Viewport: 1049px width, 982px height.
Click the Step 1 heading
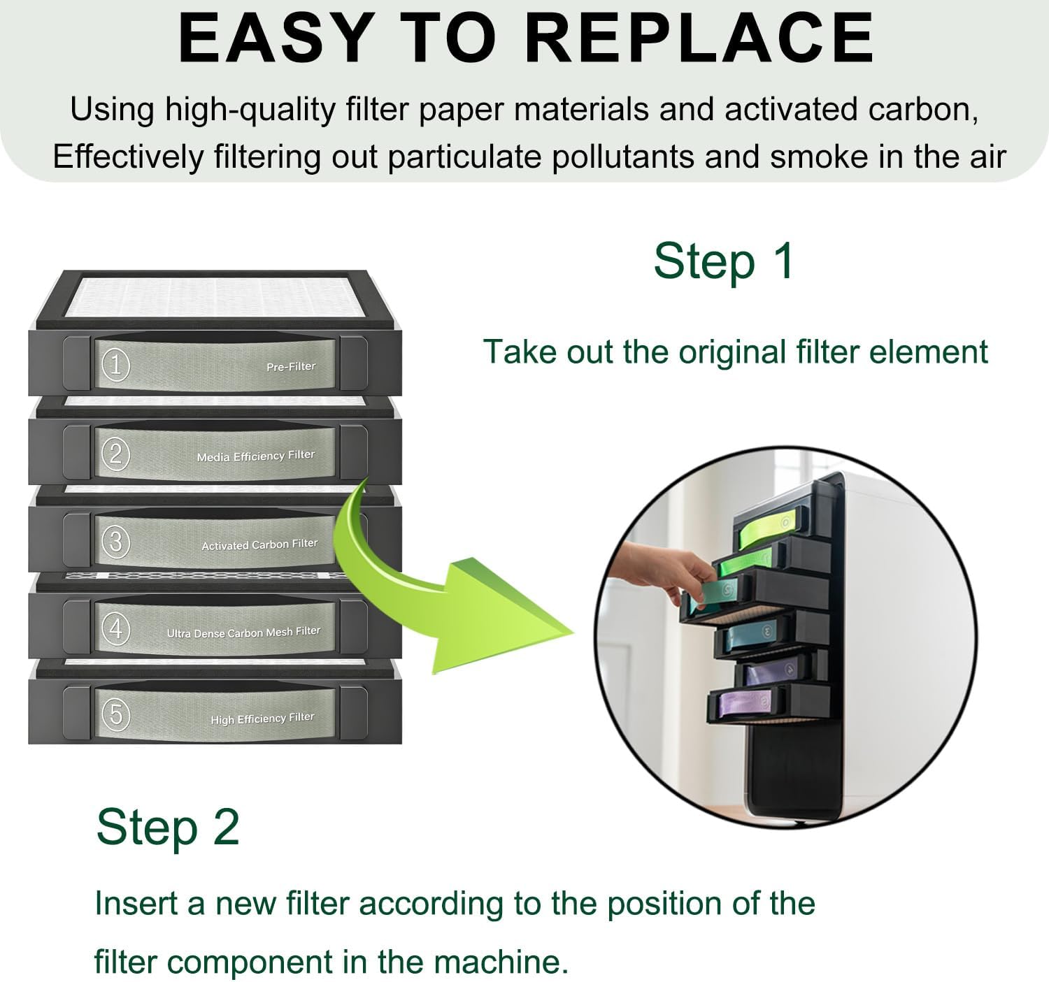tap(724, 261)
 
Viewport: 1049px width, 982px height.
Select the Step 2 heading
tap(168, 827)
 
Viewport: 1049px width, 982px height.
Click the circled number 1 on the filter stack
tap(115, 364)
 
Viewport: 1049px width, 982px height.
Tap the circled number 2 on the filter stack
tap(115, 454)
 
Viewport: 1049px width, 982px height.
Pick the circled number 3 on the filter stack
tap(115, 542)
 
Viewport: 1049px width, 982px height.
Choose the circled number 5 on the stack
tap(115, 714)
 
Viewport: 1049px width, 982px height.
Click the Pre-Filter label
tap(290, 366)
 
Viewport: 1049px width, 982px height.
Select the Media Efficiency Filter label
tap(255, 456)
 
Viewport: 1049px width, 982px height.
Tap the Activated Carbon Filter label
tap(259, 544)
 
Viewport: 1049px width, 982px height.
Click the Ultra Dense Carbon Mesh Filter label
tap(243, 632)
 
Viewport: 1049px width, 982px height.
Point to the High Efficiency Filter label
tap(262, 719)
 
